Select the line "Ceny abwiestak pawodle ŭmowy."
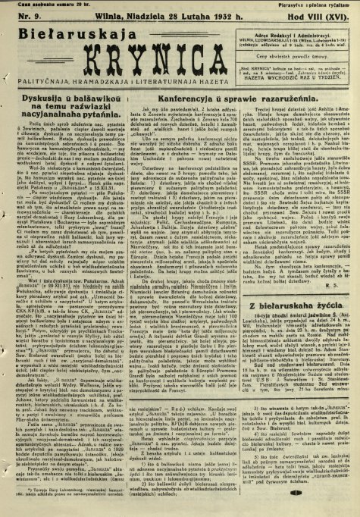305,55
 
